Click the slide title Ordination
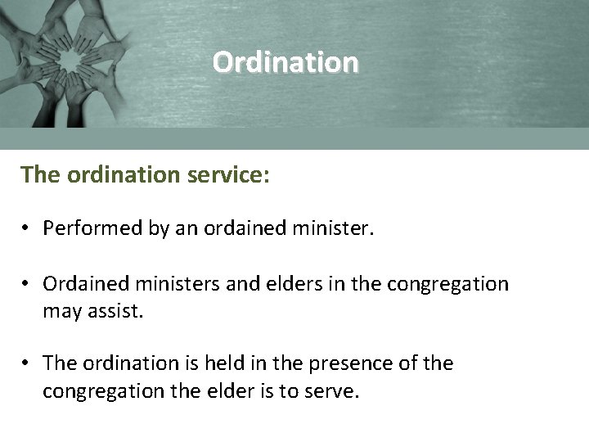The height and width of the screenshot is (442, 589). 285,62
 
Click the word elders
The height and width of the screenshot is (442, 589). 275,284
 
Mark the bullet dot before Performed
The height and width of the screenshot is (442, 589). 27,229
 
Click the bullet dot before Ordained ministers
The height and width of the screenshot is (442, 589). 27,285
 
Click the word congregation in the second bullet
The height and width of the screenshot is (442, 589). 447,284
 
